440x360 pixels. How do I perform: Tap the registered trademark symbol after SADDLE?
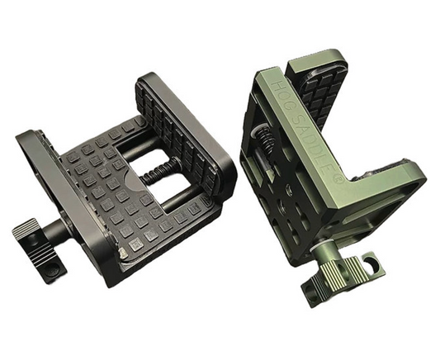point(339,178)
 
